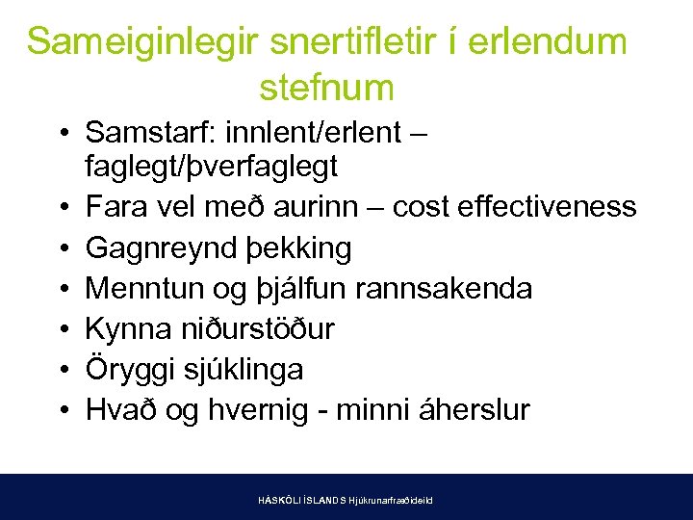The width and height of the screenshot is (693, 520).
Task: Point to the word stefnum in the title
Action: pos(327,88)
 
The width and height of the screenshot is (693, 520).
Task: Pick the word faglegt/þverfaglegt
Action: pos(212,167)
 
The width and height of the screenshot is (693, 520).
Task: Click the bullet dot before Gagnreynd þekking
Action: pos(63,248)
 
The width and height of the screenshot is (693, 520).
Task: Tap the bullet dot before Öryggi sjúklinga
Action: pos(63,370)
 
